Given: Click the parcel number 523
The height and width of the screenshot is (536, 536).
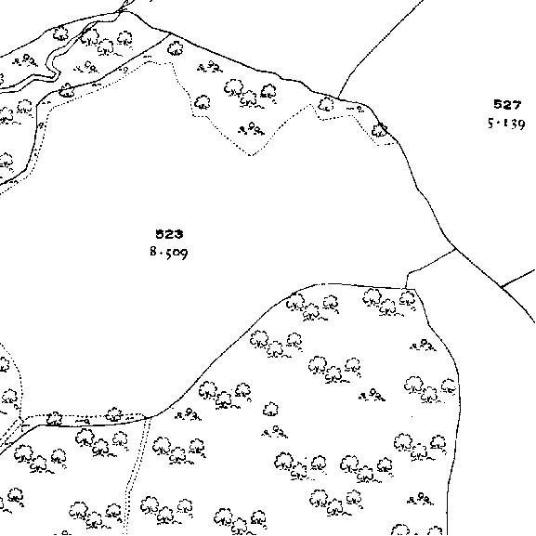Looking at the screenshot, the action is (169, 234).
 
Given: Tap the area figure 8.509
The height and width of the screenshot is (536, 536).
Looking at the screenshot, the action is (169, 253).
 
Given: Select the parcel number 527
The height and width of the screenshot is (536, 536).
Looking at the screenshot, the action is (507, 104).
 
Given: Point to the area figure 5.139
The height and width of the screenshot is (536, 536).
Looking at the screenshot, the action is (506, 124).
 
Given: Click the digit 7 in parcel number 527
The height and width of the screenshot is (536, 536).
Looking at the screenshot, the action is (516, 104).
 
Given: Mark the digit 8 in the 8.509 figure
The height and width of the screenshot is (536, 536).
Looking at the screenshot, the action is (153, 252).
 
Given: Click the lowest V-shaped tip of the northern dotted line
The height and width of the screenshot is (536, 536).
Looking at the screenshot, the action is (251, 155).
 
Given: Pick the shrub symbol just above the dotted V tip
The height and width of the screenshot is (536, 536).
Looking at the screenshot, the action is (252, 129).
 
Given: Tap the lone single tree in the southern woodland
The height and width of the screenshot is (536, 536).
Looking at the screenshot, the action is (270, 409).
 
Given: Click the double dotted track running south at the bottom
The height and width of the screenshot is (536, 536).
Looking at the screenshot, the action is (135, 475).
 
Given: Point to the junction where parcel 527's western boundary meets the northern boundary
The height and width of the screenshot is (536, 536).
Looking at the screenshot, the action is (338, 98).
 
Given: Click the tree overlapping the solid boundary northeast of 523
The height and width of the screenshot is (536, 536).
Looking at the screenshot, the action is (379, 130).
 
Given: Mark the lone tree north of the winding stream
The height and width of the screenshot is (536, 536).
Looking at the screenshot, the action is (60, 33).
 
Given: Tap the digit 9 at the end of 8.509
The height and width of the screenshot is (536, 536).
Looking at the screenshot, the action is (183, 254).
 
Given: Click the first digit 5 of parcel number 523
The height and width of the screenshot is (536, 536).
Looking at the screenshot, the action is (160, 234).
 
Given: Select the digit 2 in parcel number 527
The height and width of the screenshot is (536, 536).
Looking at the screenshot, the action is (507, 104).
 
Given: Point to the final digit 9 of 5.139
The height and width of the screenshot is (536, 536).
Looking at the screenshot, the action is (520, 124).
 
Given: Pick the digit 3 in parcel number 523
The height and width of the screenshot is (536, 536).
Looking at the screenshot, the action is (178, 234).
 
